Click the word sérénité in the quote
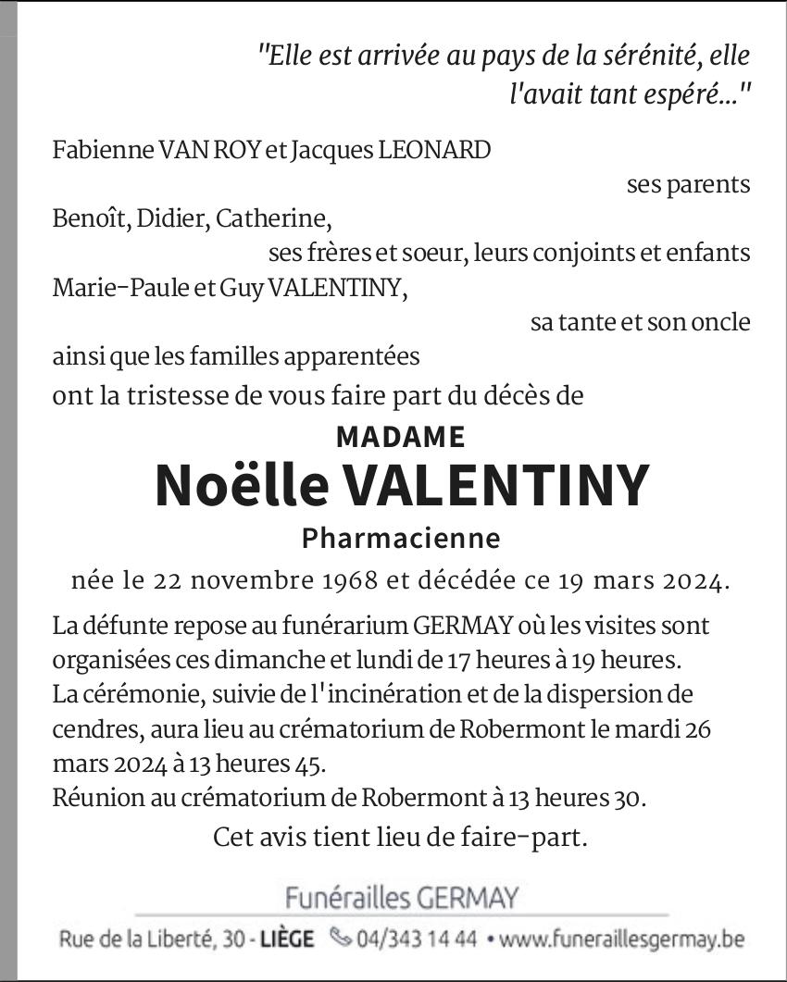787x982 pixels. point(644,56)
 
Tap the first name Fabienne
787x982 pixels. point(93,150)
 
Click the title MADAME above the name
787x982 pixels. point(400,436)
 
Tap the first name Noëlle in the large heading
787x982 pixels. point(242,485)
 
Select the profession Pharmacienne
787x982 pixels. point(401,538)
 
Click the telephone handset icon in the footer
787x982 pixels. point(341,938)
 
